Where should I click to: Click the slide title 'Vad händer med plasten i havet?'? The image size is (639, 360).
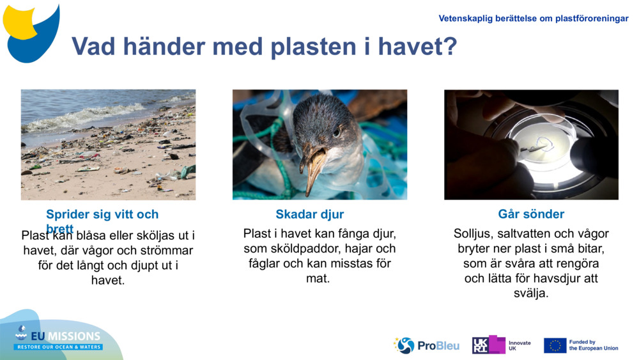point(264,46)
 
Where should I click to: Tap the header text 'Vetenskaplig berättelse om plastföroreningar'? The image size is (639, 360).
point(533,19)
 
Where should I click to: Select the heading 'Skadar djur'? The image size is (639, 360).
point(309,214)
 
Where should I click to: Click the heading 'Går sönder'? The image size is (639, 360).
point(531,214)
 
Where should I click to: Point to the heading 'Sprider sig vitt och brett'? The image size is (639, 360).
point(102,215)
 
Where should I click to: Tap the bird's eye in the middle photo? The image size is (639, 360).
point(336,132)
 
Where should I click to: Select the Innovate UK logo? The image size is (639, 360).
point(502,345)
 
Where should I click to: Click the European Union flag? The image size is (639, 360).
point(555,345)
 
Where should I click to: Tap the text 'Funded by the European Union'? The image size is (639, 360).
point(594,345)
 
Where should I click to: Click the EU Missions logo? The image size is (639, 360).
point(58,337)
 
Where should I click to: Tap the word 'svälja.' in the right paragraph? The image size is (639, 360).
point(531,293)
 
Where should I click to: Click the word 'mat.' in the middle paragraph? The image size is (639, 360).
point(318,278)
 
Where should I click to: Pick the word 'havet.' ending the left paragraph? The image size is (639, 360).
point(108,280)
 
